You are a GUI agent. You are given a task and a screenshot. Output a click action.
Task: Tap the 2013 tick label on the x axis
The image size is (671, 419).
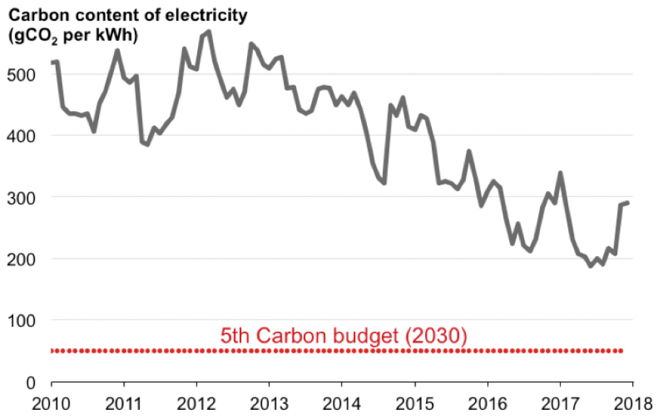tap(269, 401)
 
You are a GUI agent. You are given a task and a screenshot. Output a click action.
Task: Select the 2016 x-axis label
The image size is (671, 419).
tap(487, 401)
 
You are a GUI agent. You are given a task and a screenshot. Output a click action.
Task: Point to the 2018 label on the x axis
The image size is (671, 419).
tap(632, 401)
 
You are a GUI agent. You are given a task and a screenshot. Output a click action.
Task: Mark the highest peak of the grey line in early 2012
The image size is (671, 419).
tap(208, 31)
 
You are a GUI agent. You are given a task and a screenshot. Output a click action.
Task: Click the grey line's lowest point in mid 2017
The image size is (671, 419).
tap(590, 266)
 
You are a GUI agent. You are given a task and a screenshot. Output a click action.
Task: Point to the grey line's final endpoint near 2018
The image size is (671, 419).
tap(628, 203)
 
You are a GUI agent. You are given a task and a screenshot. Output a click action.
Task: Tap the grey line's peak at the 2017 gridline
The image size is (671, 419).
tap(560, 173)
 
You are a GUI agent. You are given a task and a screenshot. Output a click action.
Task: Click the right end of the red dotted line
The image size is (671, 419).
tap(621, 351)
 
